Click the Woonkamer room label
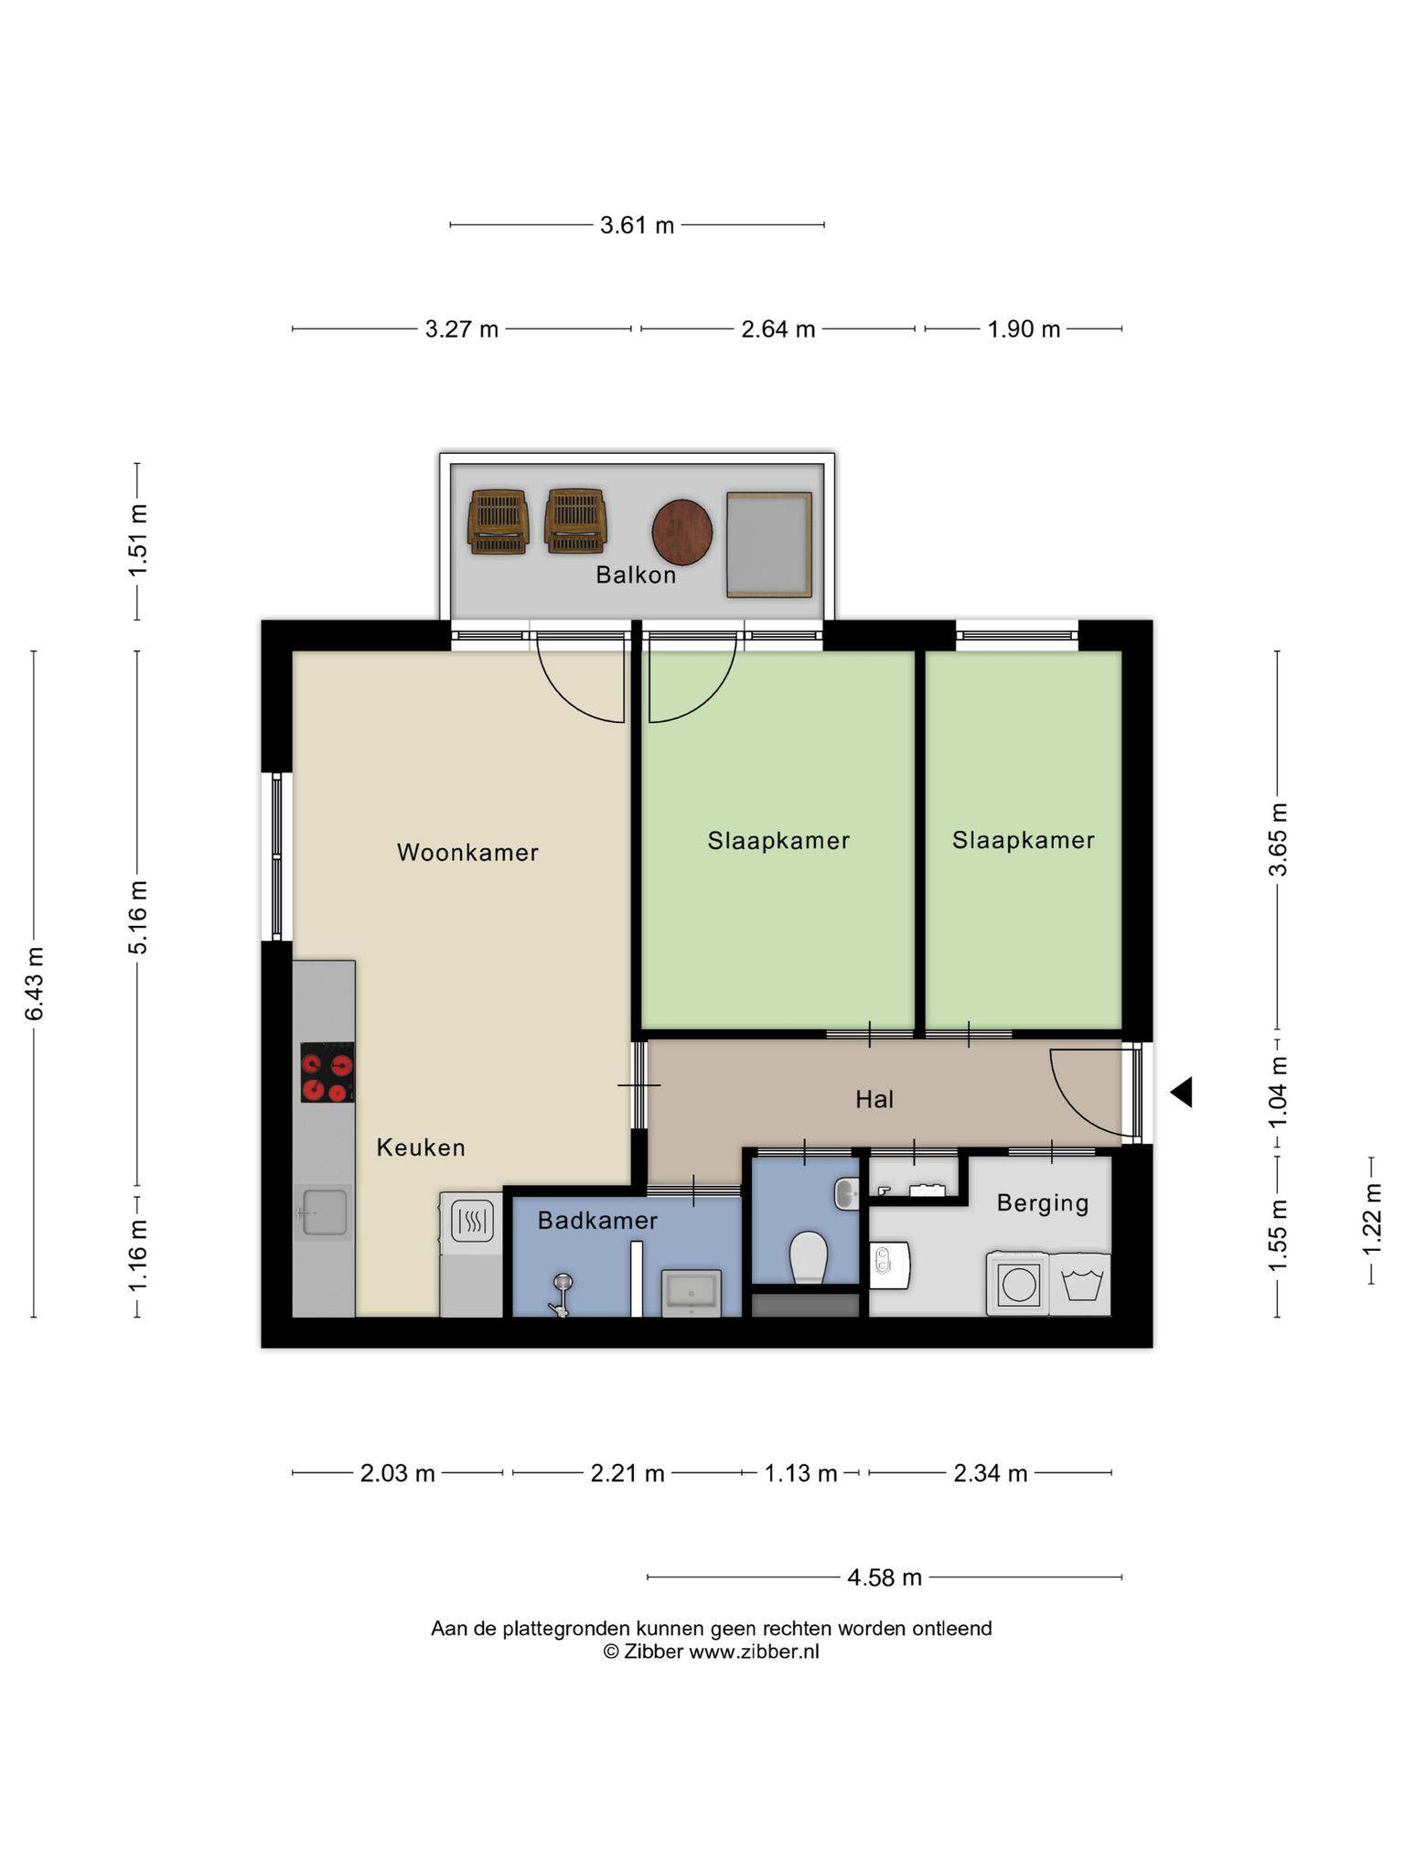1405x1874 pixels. pos(467,853)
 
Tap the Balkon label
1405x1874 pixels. pos(636,575)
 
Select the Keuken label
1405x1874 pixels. pos(421,1147)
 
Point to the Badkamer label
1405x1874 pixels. pos(597,1221)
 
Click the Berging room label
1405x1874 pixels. pos(1043,1203)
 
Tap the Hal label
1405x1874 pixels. pos(874,1099)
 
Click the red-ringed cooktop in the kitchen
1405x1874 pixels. pos(327,1072)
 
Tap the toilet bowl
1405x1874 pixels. pos(808,1256)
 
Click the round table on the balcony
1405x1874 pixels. pos(682,533)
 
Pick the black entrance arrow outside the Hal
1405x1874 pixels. pos(1182,1092)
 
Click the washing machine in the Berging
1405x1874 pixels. pos(1017,1284)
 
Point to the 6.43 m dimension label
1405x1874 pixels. pos(34,984)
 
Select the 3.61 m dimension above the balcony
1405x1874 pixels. pos(637,225)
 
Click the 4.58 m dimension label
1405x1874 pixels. pos(885,1578)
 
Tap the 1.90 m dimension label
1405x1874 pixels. pos(1024,329)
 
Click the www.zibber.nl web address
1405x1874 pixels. pos(754,1652)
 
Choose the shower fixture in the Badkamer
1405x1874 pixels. pos(560,1294)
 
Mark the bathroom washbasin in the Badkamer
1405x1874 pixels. pos(691,1293)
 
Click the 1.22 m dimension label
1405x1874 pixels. pos(1371,1220)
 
